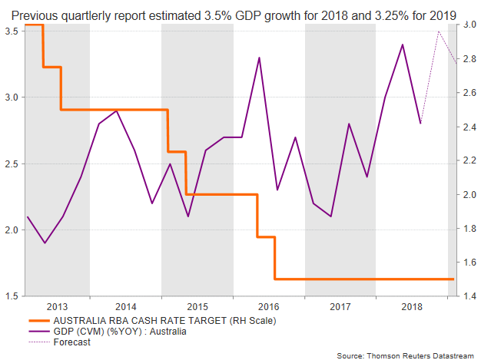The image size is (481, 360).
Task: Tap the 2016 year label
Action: click(x=269, y=306)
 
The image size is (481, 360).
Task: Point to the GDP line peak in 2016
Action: click(x=259, y=58)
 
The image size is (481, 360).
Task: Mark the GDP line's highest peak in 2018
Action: click(x=403, y=45)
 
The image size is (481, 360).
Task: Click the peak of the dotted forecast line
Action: click(x=438, y=31)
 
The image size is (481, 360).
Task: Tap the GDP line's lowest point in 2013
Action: click(x=45, y=243)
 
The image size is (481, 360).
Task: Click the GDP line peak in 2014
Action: click(x=116, y=111)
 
